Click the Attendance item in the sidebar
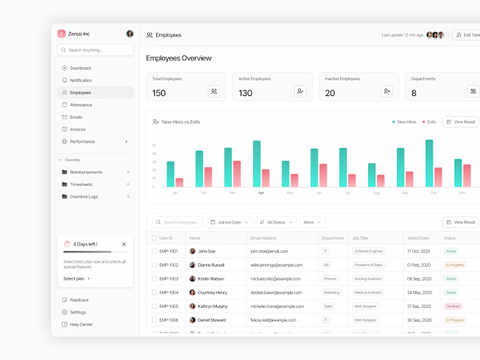pos(80,105)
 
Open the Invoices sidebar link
pos(77,129)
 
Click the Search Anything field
pos(95,50)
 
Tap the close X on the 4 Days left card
pos(123,244)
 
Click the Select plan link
pos(76,278)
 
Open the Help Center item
pos(81,324)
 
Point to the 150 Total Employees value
pos(158,93)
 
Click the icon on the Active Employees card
pos(300,91)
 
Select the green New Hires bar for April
pos(256,163)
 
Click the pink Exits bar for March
pos(237,173)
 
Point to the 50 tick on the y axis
pos(154,145)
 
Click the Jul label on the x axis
pos(348,193)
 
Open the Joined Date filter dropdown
pos(230,222)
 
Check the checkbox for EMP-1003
pos(154,279)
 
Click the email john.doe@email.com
pos(269,252)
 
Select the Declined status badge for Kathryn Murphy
pos(453,307)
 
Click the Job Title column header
pos(360,238)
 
